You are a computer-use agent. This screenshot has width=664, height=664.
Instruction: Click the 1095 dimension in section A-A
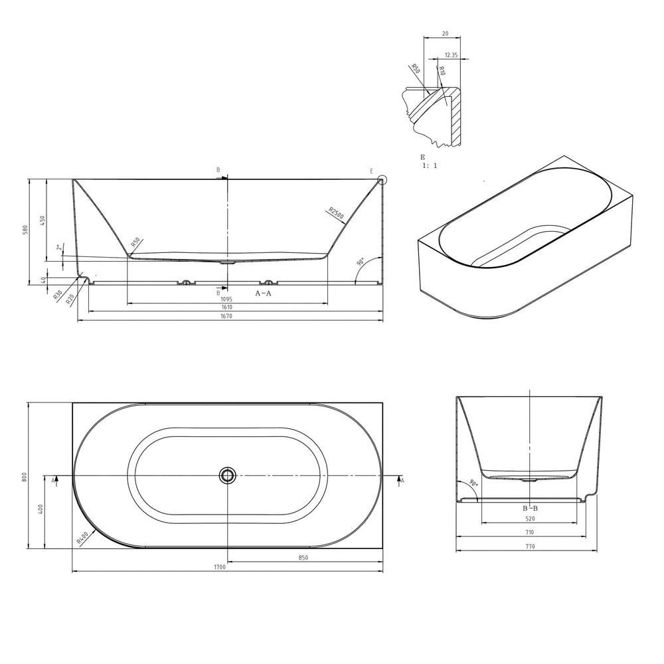tap(226, 299)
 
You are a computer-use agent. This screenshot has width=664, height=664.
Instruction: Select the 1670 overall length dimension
tap(226, 316)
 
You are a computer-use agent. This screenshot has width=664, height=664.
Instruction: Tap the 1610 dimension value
tap(226, 307)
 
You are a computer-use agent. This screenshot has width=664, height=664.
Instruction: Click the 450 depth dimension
tap(42, 220)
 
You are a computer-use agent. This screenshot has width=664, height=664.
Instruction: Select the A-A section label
tap(263, 293)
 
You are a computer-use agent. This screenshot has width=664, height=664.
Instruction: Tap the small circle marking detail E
tap(382, 180)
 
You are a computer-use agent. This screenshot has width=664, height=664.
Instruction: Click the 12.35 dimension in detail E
tap(452, 55)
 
